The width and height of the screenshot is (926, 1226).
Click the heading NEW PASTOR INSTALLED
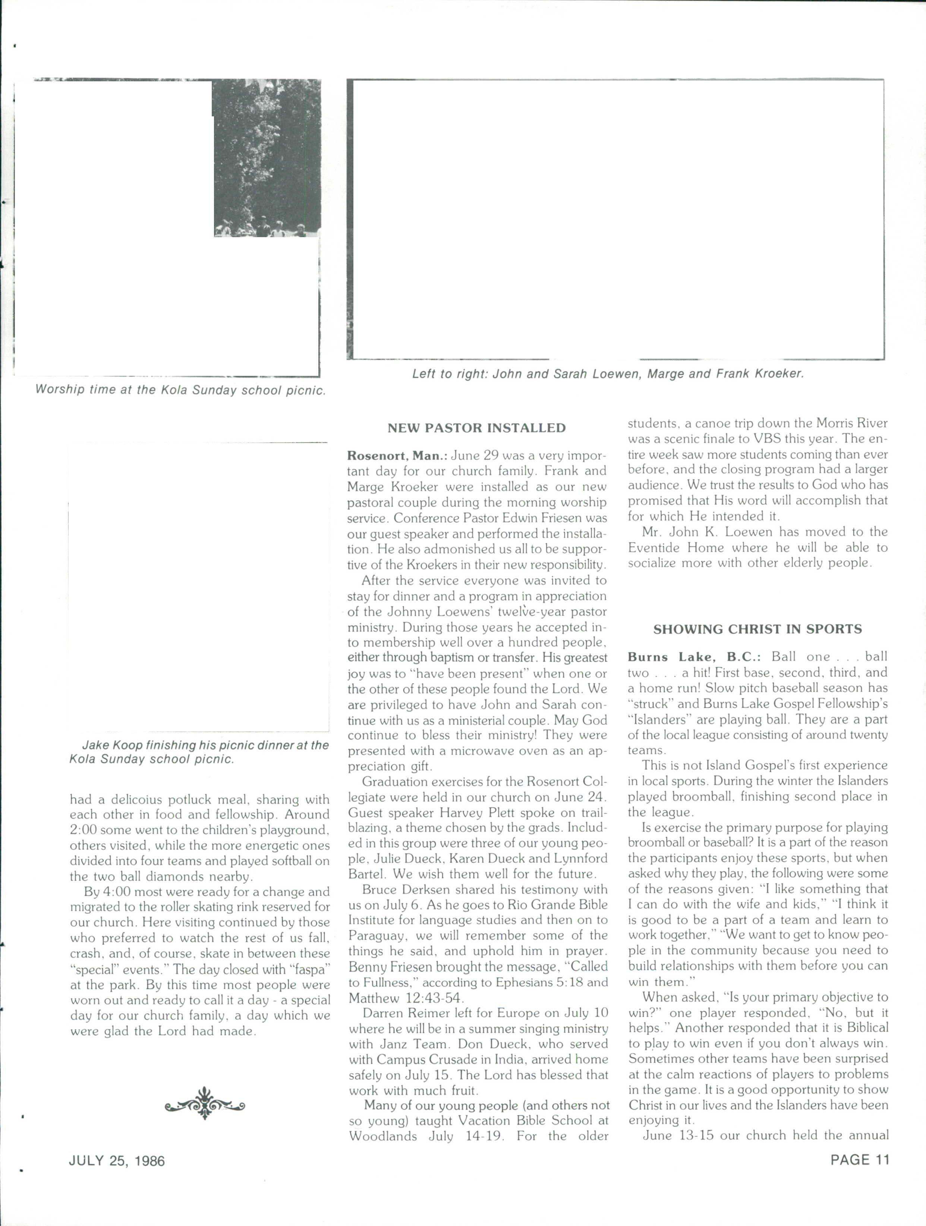tap(476, 428)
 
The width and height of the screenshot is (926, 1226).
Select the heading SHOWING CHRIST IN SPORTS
tap(758, 629)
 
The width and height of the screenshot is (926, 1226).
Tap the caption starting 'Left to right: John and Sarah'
tap(608, 374)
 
